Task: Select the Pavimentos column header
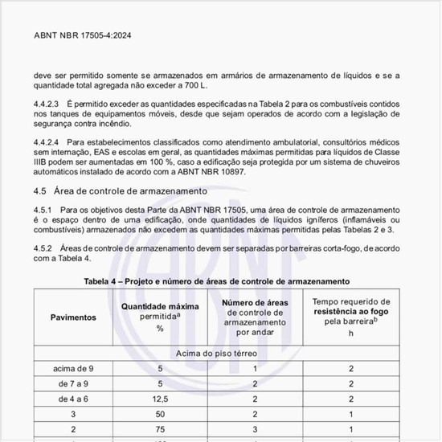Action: [73, 317]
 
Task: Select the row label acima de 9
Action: [73, 369]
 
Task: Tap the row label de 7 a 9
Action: [73, 383]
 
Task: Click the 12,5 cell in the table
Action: [160, 398]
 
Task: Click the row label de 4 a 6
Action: [73, 398]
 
